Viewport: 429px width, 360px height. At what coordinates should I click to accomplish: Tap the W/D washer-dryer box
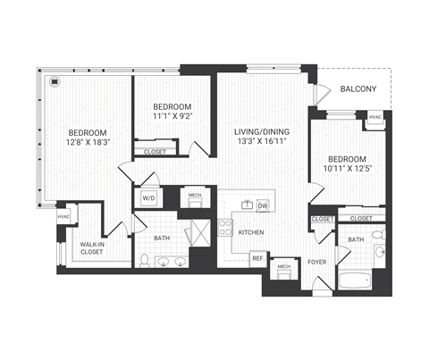point(148,198)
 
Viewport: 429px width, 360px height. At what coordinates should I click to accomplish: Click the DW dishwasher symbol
point(263,205)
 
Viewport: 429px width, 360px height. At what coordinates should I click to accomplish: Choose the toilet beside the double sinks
point(144,260)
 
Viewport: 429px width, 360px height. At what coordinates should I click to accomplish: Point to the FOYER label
point(317,263)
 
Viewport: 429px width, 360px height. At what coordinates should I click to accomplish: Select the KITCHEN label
point(251,232)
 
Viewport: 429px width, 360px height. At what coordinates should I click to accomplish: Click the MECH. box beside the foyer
point(285,269)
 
